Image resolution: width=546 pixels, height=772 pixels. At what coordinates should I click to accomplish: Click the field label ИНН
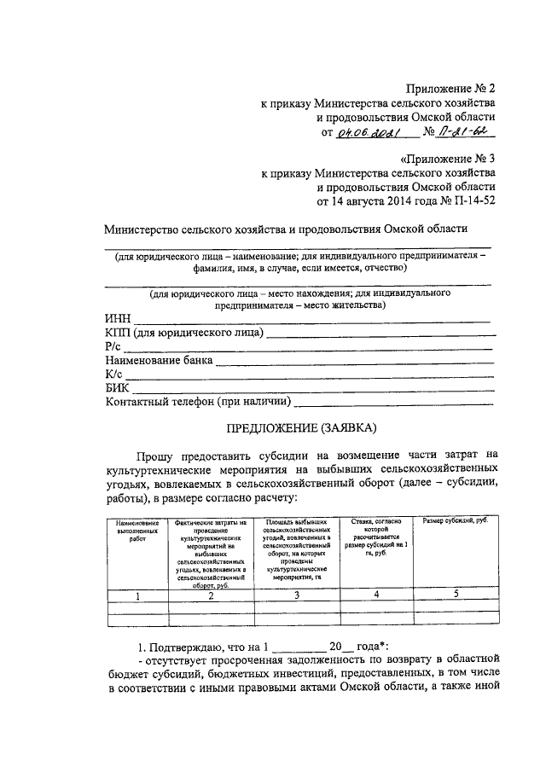point(118,319)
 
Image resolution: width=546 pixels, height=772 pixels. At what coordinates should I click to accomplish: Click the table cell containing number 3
point(297,595)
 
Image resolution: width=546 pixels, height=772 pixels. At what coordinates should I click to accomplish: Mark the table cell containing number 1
point(137,595)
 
